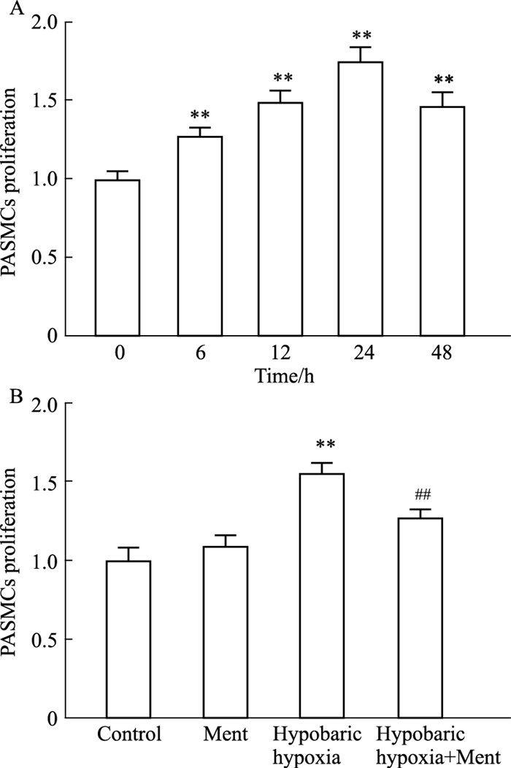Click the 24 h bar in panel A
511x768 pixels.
[x=361, y=199]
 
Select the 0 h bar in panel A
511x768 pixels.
[x=118, y=258]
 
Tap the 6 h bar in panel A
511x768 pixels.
[x=200, y=236]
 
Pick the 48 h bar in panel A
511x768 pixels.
[x=442, y=221]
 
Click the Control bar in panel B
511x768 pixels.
[x=128, y=640]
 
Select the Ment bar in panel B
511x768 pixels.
[x=226, y=632]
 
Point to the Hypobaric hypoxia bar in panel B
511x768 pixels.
[x=323, y=596]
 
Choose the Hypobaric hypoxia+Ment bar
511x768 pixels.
[x=420, y=618]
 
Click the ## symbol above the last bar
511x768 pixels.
[x=423, y=495]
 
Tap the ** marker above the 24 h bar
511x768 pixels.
[x=362, y=35]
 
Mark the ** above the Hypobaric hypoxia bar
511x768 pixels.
[x=326, y=444]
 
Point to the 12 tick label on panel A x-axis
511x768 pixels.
[x=282, y=353]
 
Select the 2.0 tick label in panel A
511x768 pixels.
[x=44, y=23]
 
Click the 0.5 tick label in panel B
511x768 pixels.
[x=44, y=640]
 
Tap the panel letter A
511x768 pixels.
[x=17, y=8]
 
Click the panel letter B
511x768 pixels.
[x=16, y=395]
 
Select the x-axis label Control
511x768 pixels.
[x=129, y=734]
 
